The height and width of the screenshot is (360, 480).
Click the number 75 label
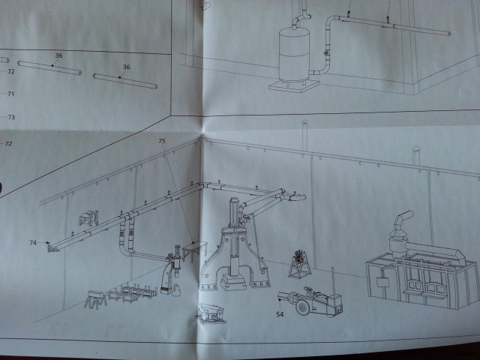[162, 141]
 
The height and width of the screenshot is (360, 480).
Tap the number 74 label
[33, 243]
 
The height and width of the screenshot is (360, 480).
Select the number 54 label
[280, 314]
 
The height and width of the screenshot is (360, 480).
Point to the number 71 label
[11, 94]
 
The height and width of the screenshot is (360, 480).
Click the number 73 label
[11, 117]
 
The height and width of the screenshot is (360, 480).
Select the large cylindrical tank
[294, 55]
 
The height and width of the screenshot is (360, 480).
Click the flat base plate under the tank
[294, 85]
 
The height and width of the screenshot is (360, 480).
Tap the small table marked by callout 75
[195, 250]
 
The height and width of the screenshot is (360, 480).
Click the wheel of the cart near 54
[302, 307]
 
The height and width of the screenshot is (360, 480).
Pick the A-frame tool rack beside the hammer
[299, 265]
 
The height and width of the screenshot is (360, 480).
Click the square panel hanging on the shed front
[382, 282]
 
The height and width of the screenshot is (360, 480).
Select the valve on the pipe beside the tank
[326, 53]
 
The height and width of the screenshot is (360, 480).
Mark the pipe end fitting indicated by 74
[52, 247]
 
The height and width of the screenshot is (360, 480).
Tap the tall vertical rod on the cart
[333, 282]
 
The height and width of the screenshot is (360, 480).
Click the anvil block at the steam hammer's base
[233, 282]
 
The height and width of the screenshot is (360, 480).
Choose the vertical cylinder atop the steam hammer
[235, 212]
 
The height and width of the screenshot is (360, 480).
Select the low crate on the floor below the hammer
[211, 313]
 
